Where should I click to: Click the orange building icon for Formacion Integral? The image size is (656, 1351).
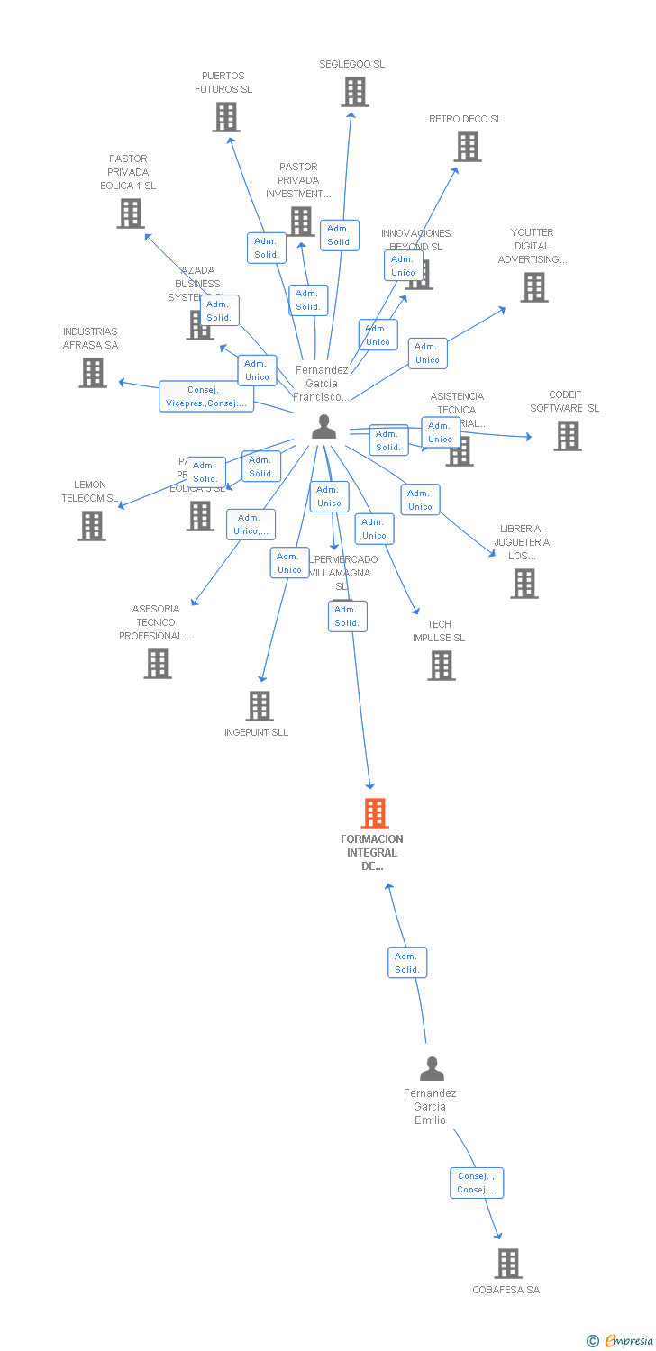375,813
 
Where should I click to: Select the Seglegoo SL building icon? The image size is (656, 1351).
355,92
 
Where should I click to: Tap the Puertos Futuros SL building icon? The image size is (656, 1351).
226,117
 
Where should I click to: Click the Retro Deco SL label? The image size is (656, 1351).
465,119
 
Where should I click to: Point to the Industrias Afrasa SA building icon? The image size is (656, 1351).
93,373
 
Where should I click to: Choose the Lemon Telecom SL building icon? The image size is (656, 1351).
92,526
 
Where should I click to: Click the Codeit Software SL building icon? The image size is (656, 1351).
568,436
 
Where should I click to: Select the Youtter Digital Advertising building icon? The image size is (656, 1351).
534,287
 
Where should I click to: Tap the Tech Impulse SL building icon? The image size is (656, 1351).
442,666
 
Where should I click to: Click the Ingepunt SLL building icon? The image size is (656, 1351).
260,706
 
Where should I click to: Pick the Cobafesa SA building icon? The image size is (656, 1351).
508,1264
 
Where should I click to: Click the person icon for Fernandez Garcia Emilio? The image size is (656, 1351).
433,1069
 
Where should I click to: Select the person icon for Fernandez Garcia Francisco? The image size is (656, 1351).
323,427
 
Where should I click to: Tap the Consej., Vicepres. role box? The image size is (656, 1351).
206,396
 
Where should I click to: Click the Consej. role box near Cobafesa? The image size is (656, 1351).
477,1183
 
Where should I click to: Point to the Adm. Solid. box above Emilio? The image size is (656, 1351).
407,963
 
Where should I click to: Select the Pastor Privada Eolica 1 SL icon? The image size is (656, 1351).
131,213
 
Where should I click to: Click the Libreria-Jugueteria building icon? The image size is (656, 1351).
524,584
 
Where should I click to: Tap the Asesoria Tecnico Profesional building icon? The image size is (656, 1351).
158,664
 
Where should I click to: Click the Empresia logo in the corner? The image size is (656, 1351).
620,1341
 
